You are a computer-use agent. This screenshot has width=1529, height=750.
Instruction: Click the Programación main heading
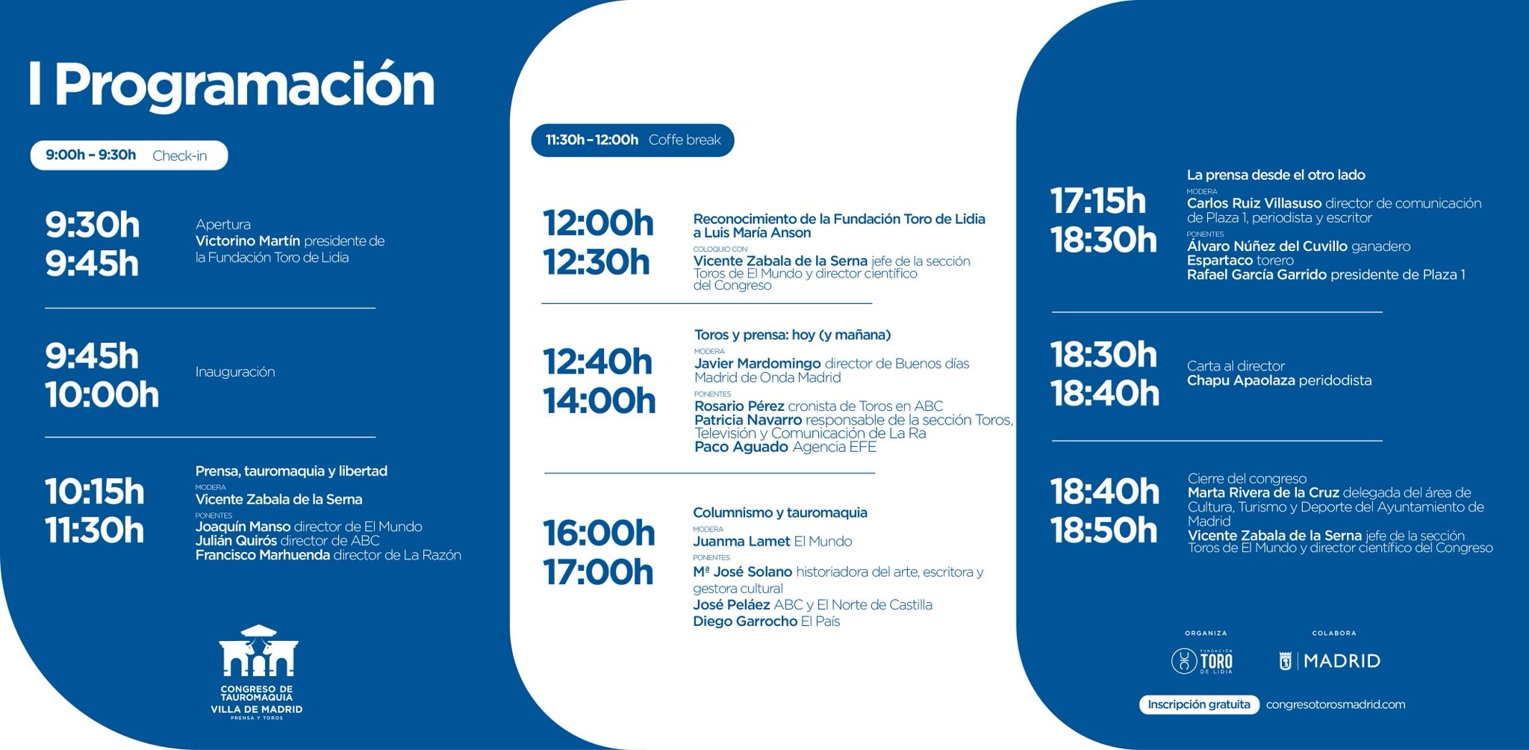pos(231,87)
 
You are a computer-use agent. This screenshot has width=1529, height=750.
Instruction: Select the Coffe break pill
pos(632,140)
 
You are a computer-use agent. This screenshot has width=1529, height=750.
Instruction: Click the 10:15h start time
pos(95,492)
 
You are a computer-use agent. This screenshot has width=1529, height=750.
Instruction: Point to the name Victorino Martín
pos(248,241)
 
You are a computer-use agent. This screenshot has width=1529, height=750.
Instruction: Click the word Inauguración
pos(235,372)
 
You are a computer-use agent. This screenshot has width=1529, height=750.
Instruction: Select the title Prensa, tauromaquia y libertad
pos(291,471)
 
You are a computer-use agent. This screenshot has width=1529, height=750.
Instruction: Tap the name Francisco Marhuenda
pos(262,555)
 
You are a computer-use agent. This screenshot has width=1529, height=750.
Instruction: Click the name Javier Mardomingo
pos(758,364)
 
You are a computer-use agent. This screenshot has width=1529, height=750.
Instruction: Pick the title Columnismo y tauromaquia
pos(780,512)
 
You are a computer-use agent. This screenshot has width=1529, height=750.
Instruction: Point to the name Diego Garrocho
pos(745,622)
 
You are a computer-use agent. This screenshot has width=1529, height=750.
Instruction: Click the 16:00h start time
pos(599,533)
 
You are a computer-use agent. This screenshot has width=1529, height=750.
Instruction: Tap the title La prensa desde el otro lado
pos(1276,176)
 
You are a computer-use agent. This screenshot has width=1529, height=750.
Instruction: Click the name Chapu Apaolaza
pos(1241,380)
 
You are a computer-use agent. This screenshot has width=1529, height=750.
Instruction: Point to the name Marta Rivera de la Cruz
pos(1263,493)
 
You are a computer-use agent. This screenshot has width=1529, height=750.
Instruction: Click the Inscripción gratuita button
pos(1199,704)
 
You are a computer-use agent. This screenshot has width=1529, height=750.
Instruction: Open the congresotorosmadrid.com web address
pos(1336,704)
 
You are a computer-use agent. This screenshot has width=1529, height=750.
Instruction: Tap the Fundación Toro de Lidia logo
pos(1203,661)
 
